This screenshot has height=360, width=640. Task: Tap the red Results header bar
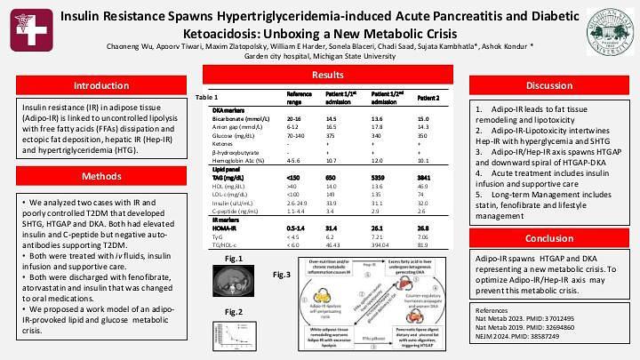327,76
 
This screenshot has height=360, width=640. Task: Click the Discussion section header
548,85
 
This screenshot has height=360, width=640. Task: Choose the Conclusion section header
548,238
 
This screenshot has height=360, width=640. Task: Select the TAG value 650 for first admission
332,178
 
